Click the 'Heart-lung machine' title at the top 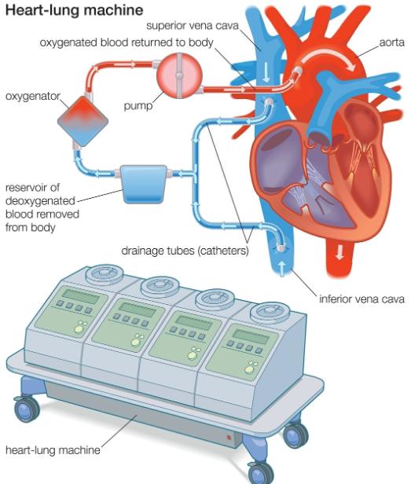(74, 10)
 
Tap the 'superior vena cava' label (193, 26)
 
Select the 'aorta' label (391, 42)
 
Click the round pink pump (179, 75)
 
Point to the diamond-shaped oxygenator (83, 121)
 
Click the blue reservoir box (144, 185)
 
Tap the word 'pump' (138, 106)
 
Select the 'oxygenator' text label (33, 97)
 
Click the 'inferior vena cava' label (361, 299)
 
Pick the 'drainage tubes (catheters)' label (185, 251)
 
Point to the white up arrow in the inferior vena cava (282, 267)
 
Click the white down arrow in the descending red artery (339, 251)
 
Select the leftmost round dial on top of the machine (105, 273)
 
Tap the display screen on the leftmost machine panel (81, 296)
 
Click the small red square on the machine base (229, 437)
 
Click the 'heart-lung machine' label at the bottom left (53, 449)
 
